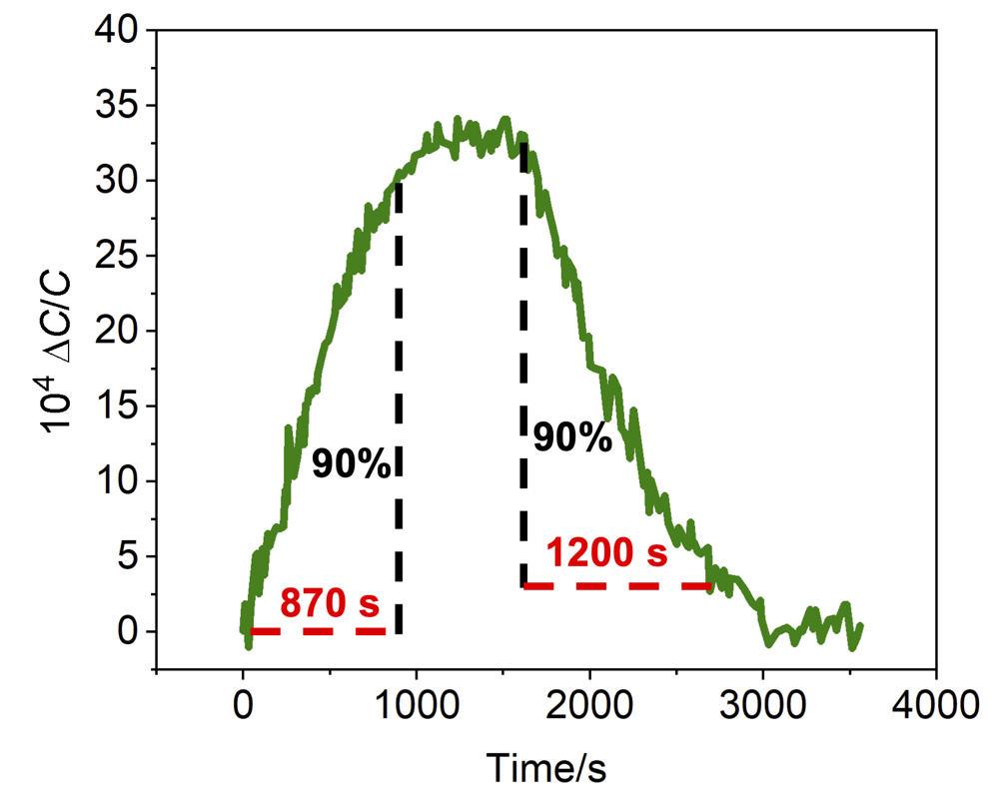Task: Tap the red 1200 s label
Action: click(606, 552)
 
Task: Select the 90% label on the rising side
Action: click(350, 462)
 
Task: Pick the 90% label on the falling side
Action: click(571, 437)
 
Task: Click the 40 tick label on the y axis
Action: click(120, 31)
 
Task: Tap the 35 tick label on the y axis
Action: click(120, 106)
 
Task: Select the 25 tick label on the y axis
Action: click(120, 256)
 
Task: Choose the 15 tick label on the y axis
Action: click(120, 406)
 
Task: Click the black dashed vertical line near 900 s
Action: click(399, 400)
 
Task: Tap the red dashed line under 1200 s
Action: click(616, 585)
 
